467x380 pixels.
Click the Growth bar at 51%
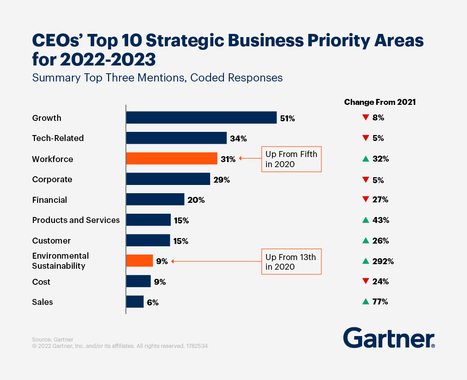tap(201, 118)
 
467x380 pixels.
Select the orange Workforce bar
tap(172, 159)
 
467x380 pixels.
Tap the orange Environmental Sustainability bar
tap(140, 261)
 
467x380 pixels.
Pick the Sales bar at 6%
tap(135, 302)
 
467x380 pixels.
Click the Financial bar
tap(155, 200)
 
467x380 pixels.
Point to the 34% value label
tap(238, 139)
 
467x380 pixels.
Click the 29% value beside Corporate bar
tap(221, 180)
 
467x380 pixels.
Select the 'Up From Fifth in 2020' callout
tap(291, 159)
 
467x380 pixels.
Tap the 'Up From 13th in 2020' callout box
tap(291, 262)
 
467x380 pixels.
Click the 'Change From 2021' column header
tap(380, 102)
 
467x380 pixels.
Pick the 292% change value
tap(384, 261)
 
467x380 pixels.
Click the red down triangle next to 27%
tap(365, 200)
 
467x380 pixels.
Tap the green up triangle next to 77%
tap(365, 302)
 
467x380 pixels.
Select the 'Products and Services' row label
tap(76, 220)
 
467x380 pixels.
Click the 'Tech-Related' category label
tap(58, 138)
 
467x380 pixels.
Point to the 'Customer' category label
tap(51, 241)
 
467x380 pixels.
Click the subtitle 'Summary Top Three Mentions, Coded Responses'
tap(157, 78)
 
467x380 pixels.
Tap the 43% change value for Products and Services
tap(381, 220)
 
